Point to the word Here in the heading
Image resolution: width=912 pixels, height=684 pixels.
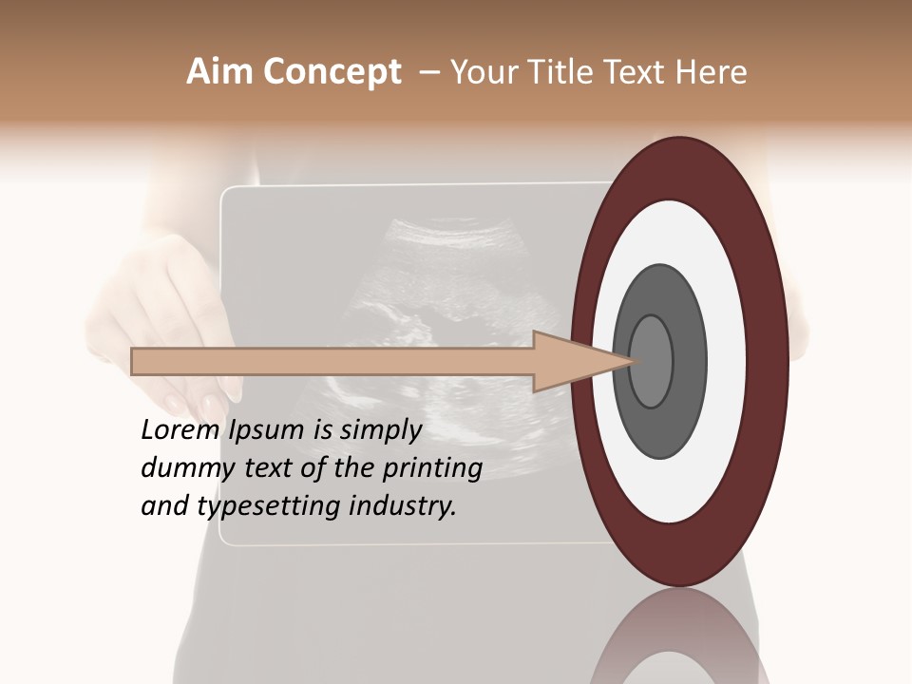[712, 72]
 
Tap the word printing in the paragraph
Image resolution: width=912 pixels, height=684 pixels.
[432, 468]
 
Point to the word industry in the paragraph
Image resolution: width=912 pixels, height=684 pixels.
[403, 505]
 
